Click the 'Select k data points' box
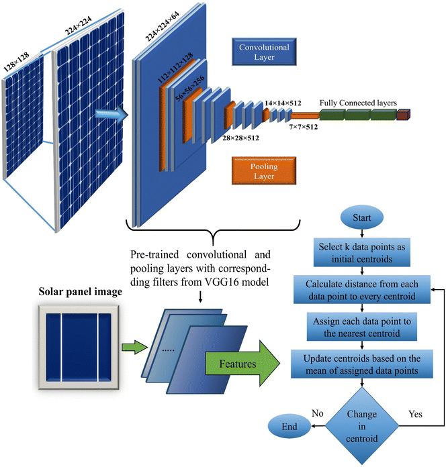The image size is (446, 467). (x=363, y=251)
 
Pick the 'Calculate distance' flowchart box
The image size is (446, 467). (x=363, y=288)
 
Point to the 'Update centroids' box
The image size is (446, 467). (x=363, y=364)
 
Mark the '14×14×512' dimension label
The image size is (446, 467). (x=285, y=103)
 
